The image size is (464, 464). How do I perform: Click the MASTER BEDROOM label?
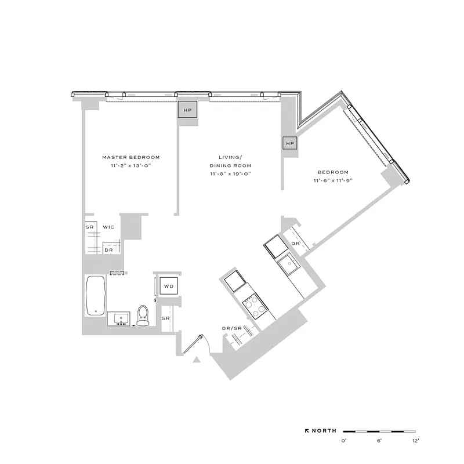(x=130, y=157)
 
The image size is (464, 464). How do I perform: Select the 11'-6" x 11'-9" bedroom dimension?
(x=333, y=181)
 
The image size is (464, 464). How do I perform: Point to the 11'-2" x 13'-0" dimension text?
(x=130, y=166)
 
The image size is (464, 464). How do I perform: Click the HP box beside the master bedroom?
(x=187, y=110)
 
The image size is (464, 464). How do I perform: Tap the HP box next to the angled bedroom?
(x=290, y=143)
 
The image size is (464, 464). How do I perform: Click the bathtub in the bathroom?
(x=95, y=295)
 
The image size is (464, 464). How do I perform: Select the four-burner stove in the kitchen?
(x=253, y=305)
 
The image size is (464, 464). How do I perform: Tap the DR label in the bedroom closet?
(x=295, y=244)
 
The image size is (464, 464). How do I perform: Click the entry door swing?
(x=194, y=345)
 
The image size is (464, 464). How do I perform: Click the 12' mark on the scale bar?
(x=415, y=441)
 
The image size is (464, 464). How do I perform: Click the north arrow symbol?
(x=307, y=431)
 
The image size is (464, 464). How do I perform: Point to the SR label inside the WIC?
(x=90, y=227)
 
